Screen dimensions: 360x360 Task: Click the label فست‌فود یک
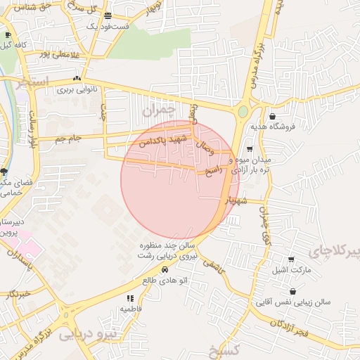[108, 26]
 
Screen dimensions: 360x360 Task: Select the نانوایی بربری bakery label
[76, 89]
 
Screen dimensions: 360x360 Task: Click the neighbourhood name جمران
[157, 110]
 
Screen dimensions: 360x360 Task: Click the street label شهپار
[235, 201]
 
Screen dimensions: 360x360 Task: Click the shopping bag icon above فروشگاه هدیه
[272, 117]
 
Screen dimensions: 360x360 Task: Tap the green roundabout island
[243, 111]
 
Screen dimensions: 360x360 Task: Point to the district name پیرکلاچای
[333, 250]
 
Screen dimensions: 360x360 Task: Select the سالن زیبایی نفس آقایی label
[292, 302]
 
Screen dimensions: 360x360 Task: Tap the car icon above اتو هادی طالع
[165, 269]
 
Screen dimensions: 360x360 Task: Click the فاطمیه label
[131, 309]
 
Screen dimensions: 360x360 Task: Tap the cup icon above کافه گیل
[8, 34]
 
